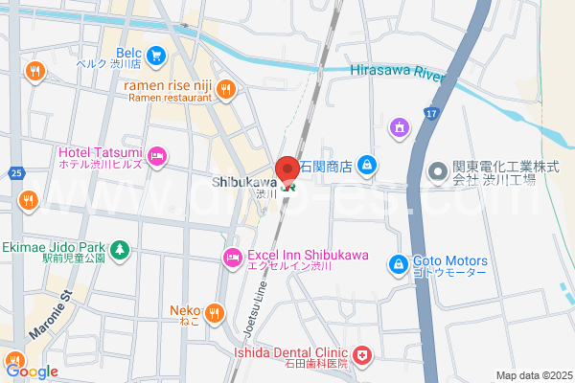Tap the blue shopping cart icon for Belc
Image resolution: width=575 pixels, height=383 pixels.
click(x=156, y=56)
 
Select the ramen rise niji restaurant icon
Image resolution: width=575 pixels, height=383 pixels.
click(x=225, y=89)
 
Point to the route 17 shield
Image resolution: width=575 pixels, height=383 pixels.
click(x=432, y=114)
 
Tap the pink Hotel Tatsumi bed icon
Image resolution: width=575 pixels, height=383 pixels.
click(x=158, y=154)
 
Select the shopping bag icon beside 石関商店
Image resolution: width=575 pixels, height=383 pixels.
click(x=366, y=167)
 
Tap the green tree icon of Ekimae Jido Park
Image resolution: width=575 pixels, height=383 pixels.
click(x=119, y=251)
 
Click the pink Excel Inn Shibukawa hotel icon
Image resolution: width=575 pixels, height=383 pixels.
click(x=232, y=257)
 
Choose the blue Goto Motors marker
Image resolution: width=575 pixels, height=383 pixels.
click(x=398, y=262)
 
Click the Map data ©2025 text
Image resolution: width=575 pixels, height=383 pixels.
click(x=533, y=375)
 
